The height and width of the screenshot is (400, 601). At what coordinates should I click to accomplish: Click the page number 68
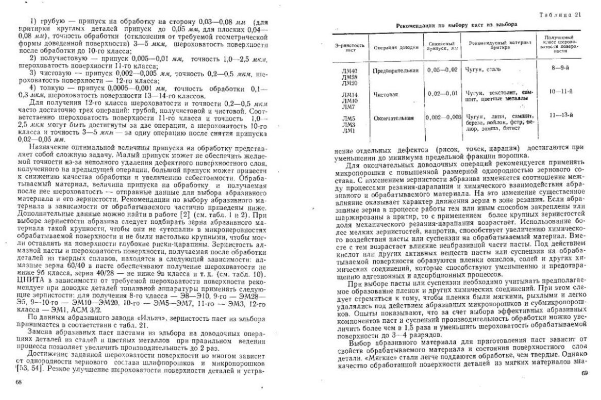pos(19,382)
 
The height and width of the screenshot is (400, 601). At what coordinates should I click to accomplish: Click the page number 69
pos(583,373)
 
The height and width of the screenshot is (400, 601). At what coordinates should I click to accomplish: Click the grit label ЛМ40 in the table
pos(349,68)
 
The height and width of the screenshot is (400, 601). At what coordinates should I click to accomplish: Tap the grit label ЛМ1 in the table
pos(349,131)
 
